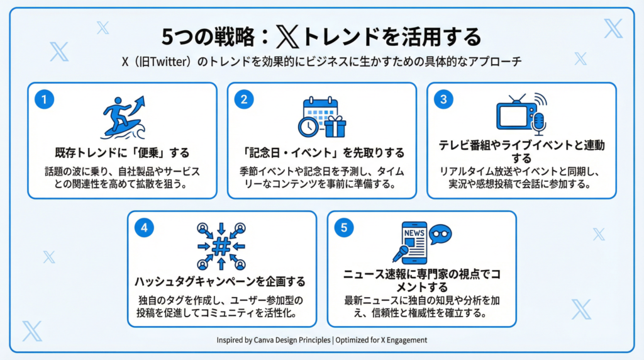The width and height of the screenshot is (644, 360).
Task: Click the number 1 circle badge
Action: pyautogui.click(x=45, y=99)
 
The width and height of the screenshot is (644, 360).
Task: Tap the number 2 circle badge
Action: pyautogui.click(x=244, y=99)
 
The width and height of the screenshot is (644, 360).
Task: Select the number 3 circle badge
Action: pyautogui.click(x=443, y=99)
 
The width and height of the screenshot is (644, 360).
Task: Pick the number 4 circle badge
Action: pyautogui.click(x=144, y=228)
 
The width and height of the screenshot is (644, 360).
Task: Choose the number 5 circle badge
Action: pyautogui.click(x=344, y=228)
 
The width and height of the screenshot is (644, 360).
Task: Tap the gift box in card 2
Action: pyautogui.click(x=335, y=127)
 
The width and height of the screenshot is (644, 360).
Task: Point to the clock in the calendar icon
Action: pyautogui.click(x=308, y=127)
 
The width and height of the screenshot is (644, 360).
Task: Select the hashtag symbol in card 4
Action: pyautogui.click(x=221, y=246)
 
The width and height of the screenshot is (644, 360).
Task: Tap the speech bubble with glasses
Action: pyautogui.click(x=440, y=234)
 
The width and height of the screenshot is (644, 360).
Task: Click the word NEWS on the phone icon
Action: pyautogui.click(x=414, y=233)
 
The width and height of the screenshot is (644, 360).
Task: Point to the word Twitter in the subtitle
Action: pyautogui.click(x=169, y=62)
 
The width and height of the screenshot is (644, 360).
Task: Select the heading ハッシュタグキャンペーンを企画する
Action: pyautogui.click(x=220, y=281)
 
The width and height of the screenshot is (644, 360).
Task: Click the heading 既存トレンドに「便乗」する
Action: pyautogui.click(x=123, y=153)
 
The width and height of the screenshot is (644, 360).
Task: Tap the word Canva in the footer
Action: pyautogui.click(x=264, y=340)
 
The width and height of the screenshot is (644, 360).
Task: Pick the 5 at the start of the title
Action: pyautogui.click(x=168, y=37)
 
